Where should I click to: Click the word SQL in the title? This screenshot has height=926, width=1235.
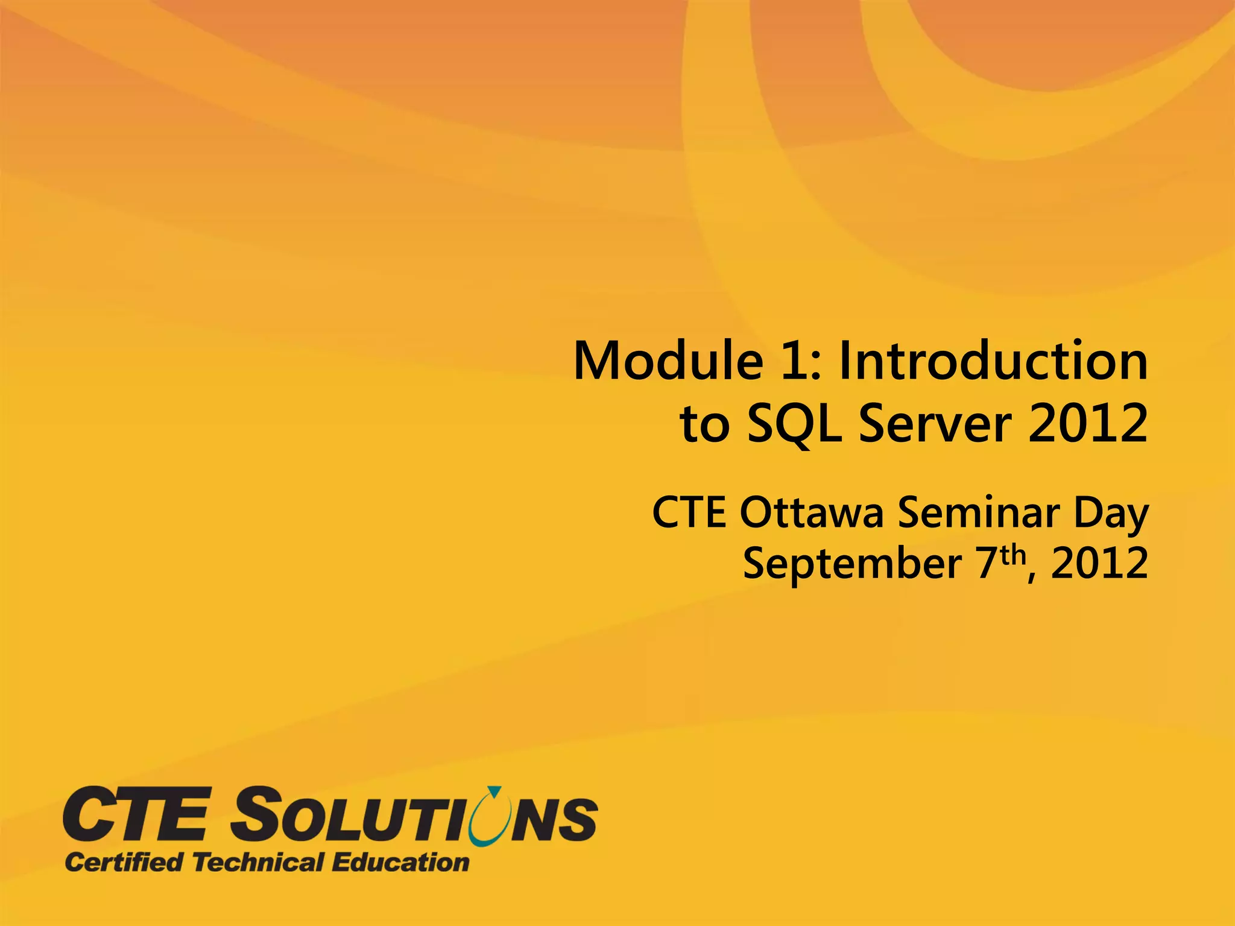(794, 424)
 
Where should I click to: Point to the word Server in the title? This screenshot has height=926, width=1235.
(935, 424)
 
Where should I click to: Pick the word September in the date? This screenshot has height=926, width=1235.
(852, 564)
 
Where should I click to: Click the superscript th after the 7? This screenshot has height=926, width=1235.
(1013, 553)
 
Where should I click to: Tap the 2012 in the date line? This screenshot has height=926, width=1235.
(1099, 564)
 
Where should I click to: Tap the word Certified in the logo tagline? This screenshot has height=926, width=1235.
(124, 862)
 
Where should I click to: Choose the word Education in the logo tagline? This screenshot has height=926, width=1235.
(400, 862)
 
